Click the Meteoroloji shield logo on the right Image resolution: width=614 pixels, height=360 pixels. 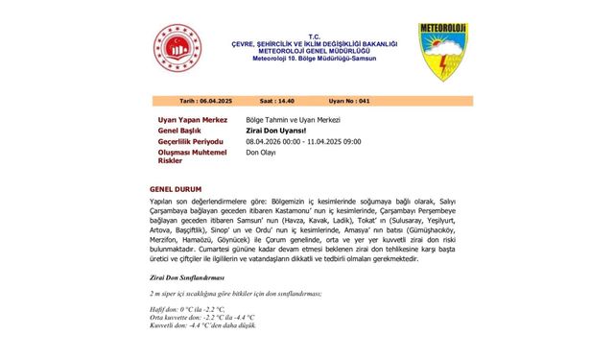pos(441,50)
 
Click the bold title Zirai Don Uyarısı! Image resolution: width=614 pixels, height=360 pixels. pos(275,130)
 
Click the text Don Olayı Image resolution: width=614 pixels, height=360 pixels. pos(262,153)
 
